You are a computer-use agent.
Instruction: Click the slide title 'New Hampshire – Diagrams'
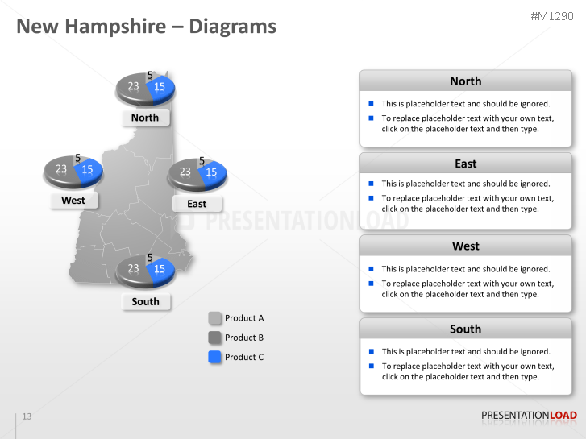[x=147, y=27]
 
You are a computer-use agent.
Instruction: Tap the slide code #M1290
[x=554, y=17]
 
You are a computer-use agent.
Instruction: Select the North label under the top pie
[x=145, y=118]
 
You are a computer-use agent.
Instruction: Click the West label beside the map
[x=73, y=201]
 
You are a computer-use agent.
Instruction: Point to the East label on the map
[x=197, y=204]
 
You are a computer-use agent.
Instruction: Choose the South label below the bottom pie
[x=145, y=301]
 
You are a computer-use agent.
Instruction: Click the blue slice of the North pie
[x=161, y=87]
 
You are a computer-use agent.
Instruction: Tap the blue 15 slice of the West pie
[x=89, y=170]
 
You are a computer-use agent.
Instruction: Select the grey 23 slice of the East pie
[x=185, y=172]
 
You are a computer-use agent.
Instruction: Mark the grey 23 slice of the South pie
[x=132, y=269]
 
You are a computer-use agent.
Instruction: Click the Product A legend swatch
[x=214, y=318]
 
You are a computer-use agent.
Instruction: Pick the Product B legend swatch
[x=214, y=338]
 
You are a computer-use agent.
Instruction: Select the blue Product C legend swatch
[x=214, y=357]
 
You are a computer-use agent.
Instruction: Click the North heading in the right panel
[x=465, y=81]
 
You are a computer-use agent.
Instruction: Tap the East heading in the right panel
[x=465, y=164]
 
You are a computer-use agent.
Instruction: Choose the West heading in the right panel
[x=465, y=246]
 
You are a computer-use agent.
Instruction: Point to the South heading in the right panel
[x=465, y=329]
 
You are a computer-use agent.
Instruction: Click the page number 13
[x=27, y=416]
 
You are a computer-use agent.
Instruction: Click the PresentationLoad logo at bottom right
[x=529, y=416]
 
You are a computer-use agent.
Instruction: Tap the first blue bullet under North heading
[x=371, y=103]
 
